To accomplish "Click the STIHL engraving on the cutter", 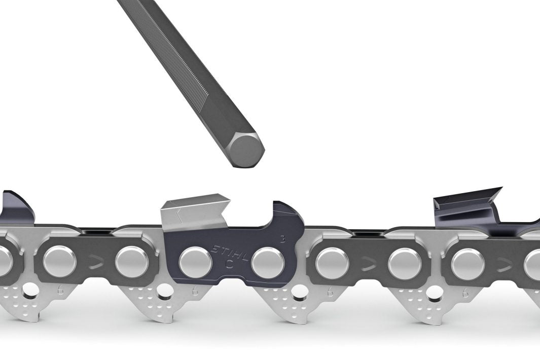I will tap(227, 253).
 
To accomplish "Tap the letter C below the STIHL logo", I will tap(229, 264).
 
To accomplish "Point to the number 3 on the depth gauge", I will tap(282, 237).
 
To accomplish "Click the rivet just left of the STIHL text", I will tap(195, 262).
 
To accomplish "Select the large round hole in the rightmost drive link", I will tap(436, 293).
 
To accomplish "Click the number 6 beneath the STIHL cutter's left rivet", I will tap(195, 292).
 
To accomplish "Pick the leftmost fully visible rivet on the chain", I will tap(59, 262).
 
